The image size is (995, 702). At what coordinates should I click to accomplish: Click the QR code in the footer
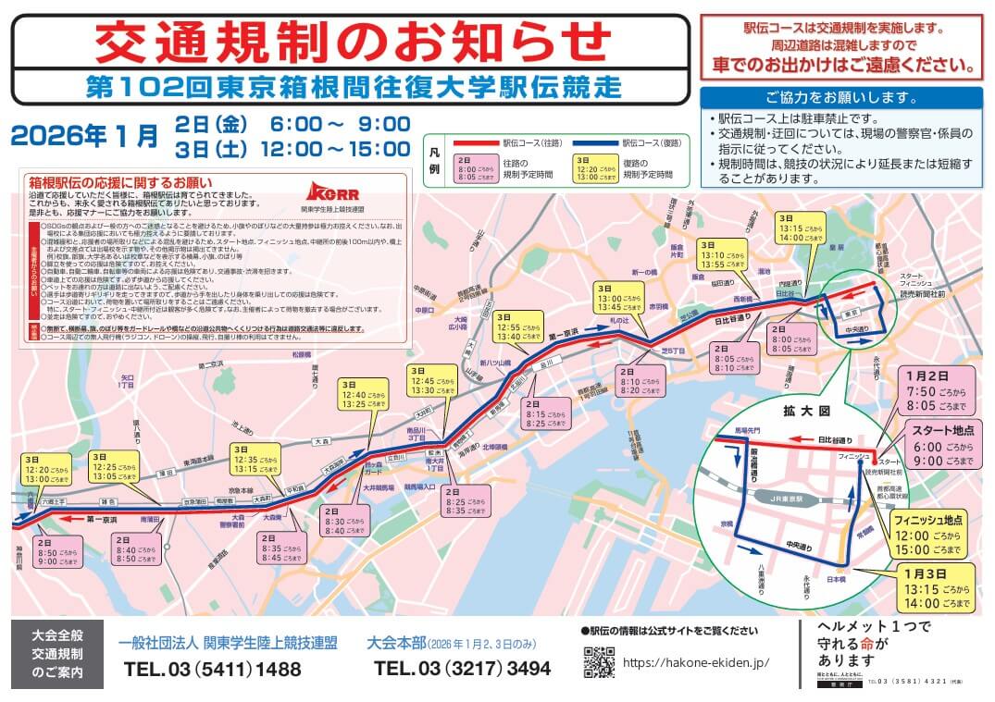click(599, 662)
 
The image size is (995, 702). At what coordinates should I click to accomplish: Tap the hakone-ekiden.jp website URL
click(696, 663)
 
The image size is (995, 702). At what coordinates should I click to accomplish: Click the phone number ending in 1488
click(211, 668)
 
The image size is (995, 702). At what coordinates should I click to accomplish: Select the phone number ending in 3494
click(462, 668)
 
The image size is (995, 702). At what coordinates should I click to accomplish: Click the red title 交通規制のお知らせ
click(353, 42)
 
